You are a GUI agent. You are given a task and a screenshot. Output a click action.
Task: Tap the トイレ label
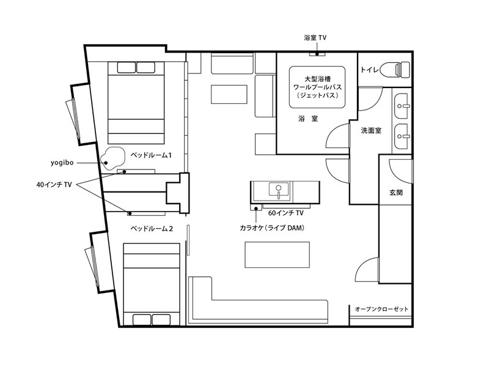click(370, 70)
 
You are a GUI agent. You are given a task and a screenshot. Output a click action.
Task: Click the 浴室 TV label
click(315, 38)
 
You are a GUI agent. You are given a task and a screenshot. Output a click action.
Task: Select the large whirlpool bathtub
click(317, 87)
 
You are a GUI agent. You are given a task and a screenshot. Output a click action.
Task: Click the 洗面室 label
click(371, 130)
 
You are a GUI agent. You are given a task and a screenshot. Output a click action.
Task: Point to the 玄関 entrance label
click(395, 193)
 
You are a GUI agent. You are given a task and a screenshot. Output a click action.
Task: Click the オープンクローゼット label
click(381, 310)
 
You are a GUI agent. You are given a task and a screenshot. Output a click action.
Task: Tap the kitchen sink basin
click(279, 191)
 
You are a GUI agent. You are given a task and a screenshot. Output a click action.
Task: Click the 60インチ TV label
click(285, 213)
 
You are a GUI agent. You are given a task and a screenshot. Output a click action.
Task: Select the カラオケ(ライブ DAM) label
click(271, 228)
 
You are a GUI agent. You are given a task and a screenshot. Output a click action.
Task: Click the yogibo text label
click(62, 163)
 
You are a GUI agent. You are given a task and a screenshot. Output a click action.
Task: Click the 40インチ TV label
click(54, 185)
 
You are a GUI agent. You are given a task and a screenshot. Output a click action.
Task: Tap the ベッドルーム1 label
click(151, 155)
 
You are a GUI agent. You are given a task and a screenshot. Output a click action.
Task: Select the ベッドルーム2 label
click(152, 229)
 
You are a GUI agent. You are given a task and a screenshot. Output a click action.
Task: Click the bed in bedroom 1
click(136, 103)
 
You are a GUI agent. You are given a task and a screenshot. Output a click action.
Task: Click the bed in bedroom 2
click(152, 284)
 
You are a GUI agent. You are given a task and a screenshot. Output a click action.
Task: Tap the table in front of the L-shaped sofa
click(277, 254)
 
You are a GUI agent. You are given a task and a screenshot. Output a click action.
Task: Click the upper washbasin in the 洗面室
click(401, 106)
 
